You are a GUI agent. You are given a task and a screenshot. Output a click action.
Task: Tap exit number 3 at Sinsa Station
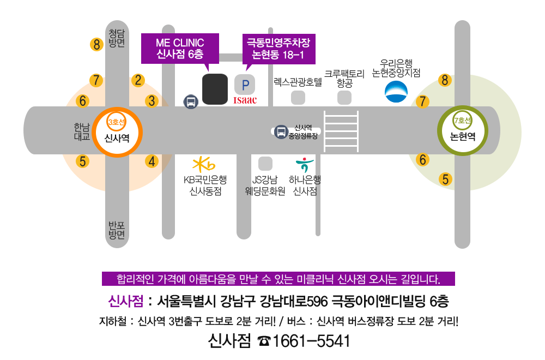click(x=152, y=101)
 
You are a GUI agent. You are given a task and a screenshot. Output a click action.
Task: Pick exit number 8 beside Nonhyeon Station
click(x=445, y=81)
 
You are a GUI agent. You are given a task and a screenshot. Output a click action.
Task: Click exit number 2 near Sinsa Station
click(x=138, y=81)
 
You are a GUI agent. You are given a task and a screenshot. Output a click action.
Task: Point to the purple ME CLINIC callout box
click(x=180, y=48)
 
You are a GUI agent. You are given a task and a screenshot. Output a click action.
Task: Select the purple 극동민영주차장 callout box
click(x=278, y=48)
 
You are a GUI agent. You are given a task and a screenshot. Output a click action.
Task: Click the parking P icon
click(x=245, y=85)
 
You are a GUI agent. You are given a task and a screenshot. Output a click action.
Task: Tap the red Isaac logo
click(x=245, y=100)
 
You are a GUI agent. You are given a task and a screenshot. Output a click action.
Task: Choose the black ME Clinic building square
click(x=215, y=89)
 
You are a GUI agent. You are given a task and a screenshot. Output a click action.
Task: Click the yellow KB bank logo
click(x=204, y=164)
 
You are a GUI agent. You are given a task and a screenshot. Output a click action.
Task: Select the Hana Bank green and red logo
click(x=302, y=165)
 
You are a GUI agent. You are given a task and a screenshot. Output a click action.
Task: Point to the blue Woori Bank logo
click(x=396, y=92)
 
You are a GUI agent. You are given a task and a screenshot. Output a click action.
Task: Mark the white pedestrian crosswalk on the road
click(x=341, y=131)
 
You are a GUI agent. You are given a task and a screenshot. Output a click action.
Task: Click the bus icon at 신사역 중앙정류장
click(x=281, y=131)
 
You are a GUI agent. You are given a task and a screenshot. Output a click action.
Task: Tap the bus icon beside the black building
click(x=191, y=101)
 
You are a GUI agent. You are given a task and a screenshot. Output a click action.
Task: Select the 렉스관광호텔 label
click(x=298, y=82)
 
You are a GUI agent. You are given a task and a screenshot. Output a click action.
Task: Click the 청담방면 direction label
click(x=117, y=38)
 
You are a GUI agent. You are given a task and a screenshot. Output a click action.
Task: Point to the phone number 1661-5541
click(x=311, y=341)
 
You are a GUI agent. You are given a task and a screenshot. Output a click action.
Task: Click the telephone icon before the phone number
click(x=264, y=341)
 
